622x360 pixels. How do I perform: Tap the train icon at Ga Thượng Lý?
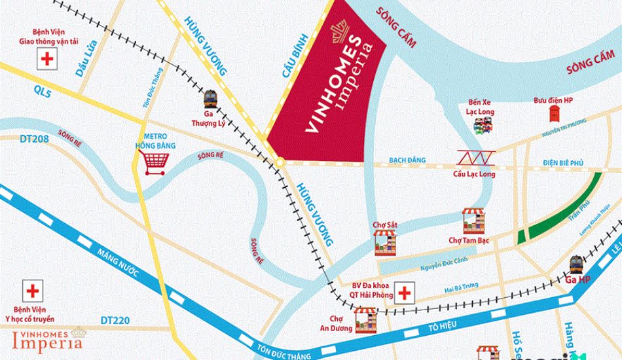(211, 99)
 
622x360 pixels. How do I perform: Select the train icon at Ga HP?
(576, 264)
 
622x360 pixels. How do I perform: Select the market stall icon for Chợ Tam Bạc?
(474, 221)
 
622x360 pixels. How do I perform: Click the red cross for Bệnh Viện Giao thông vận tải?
(46, 60)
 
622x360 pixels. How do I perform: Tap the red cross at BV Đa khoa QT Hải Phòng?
(405, 293)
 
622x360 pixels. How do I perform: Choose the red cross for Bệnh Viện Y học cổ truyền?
(31, 290)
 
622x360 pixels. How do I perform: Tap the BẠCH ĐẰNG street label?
(407, 160)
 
